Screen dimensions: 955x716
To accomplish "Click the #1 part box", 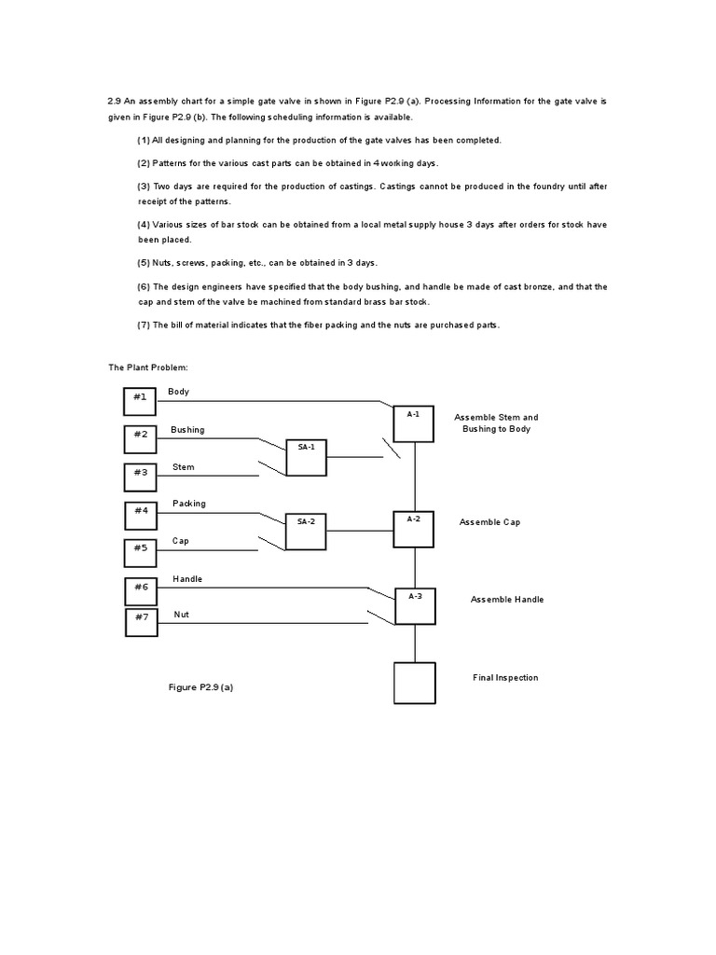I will [x=140, y=401].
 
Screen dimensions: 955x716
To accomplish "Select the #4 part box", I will [x=140, y=515].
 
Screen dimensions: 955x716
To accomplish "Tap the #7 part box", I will [x=141, y=622].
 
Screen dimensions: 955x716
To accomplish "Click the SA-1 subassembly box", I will [x=306, y=457].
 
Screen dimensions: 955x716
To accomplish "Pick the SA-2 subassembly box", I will [x=306, y=531].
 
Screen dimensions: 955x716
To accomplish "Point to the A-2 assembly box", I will [x=414, y=529].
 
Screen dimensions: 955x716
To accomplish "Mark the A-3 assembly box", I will [x=415, y=605].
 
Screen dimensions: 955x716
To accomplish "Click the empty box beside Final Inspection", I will [x=414, y=683].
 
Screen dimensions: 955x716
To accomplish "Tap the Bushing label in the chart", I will [x=187, y=430].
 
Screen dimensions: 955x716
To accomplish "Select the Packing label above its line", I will [x=189, y=504].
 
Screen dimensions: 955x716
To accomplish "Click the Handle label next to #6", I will [x=187, y=579].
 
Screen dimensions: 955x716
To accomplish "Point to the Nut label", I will [x=181, y=615].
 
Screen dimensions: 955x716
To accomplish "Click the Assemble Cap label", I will [x=489, y=522].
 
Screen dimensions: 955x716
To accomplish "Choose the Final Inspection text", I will [x=505, y=678].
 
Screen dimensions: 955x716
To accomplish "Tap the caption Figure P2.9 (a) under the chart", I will [x=200, y=687].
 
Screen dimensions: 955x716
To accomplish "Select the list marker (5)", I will [x=144, y=263].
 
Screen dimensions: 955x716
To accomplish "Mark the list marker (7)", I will [x=144, y=325].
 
